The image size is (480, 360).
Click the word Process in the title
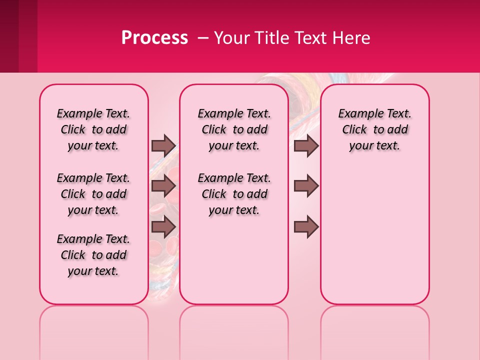click(154, 38)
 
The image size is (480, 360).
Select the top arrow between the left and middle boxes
click(163, 145)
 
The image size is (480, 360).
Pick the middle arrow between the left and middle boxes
click(163, 186)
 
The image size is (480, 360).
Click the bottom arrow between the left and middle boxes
click(163, 226)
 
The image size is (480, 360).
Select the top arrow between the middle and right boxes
click(306, 145)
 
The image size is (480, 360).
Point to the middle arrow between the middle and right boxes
click(306, 186)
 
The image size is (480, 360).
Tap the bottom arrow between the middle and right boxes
click(306, 226)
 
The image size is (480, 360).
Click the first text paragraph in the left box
click(93, 129)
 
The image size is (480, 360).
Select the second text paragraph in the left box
click(93, 194)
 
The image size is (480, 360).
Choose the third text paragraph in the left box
click(93, 255)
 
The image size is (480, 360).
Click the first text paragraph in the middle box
click(234, 129)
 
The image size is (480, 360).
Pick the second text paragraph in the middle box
click(234, 194)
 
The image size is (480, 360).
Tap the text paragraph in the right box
click(374, 129)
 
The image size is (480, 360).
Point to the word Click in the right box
click(354, 129)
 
